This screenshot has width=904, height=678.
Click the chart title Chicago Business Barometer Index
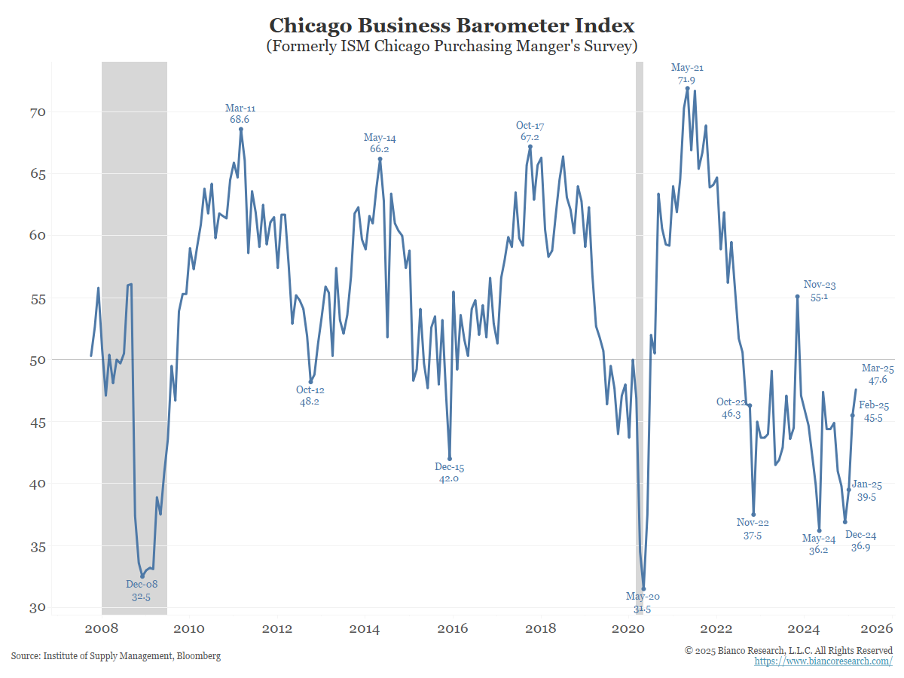[x=452, y=25]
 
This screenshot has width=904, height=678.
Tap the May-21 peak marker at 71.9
[x=687, y=88]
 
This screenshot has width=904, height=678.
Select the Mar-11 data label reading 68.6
[x=240, y=114]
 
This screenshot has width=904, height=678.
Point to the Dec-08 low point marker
[x=142, y=576]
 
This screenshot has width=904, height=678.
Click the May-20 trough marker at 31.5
[x=643, y=588]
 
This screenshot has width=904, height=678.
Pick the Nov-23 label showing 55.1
[x=820, y=291]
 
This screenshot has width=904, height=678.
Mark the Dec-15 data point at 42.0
[x=450, y=458]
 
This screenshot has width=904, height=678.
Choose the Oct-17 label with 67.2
[x=530, y=131]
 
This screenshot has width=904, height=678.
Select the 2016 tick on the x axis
[x=452, y=629]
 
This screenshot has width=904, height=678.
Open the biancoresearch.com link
[x=823, y=661]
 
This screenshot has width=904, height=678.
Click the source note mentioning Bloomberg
[x=116, y=656]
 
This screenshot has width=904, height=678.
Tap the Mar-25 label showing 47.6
[x=878, y=374]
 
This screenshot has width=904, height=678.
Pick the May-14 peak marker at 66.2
[x=380, y=159]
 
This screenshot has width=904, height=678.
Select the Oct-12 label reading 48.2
[x=310, y=395]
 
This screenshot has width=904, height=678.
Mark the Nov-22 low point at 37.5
[x=753, y=515]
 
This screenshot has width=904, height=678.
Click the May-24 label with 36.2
[x=819, y=544]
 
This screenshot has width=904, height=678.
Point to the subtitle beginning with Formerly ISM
[x=452, y=46]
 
